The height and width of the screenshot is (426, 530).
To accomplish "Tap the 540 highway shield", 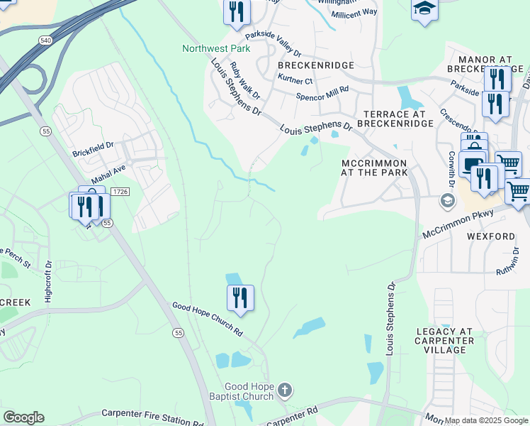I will pyautogui.click(x=45, y=41).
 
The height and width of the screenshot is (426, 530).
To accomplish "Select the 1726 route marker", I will pyautogui.click(x=120, y=192).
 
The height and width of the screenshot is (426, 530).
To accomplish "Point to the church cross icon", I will pyautogui.click(x=284, y=390).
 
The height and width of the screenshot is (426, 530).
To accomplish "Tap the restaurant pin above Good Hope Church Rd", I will pyautogui.click(x=240, y=298).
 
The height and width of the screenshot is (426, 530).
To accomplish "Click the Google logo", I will pyautogui.click(x=23, y=417).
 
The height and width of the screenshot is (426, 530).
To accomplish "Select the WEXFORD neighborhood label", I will pyautogui.click(x=490, y=236).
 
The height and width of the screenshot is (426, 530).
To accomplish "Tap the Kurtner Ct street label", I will pyautogui.click(x=295, y=80).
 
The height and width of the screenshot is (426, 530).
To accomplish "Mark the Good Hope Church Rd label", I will pyautogui.click(x=207, y=319).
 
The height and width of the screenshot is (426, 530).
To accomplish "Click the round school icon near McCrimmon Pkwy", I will pyautogui.click(x=446, y=200).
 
